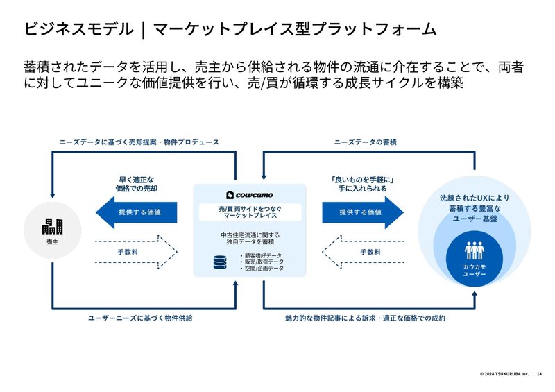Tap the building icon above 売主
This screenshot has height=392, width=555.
52,225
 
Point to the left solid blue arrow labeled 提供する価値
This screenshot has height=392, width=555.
135,212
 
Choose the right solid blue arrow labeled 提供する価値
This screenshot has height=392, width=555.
362,212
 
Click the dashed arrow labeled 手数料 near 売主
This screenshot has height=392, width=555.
136,252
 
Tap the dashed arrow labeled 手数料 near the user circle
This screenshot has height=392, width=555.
362,252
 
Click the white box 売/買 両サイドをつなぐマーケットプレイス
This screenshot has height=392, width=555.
248,212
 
